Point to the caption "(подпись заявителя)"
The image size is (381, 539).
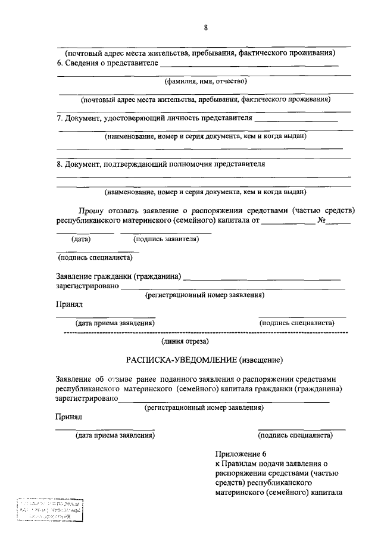(x=166, y=239)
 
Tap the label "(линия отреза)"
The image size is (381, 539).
(x=185, y=341)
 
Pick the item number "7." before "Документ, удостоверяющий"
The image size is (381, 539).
(x=60, y=118)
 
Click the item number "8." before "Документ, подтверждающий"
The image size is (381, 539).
(x=60, y=164)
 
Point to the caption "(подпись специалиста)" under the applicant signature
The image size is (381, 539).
(x=90, y=257)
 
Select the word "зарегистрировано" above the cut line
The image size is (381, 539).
(x=88, y=286)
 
